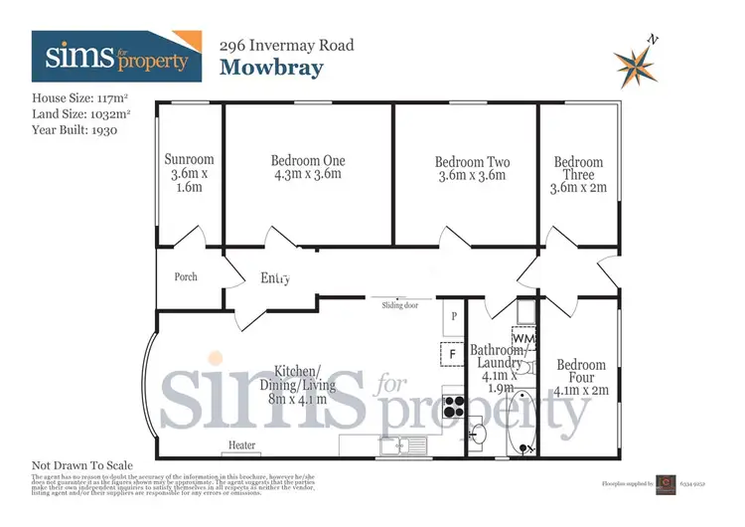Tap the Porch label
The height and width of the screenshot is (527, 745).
(x=186, y=276)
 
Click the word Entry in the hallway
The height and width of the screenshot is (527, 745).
(x=275, y=279)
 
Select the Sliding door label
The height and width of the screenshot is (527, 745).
(x=400, y=305)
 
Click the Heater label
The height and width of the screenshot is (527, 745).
(x=242, y=444)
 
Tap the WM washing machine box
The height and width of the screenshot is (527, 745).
(x=524, y=339)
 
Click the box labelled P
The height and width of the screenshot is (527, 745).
(x=453, y=315)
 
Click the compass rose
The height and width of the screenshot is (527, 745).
(x=636, y=65)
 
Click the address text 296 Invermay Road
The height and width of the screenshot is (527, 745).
(x=286, y=45)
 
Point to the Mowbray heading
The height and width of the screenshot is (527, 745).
(x=271, y=68)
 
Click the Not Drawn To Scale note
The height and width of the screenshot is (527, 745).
(x=81, y=465)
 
